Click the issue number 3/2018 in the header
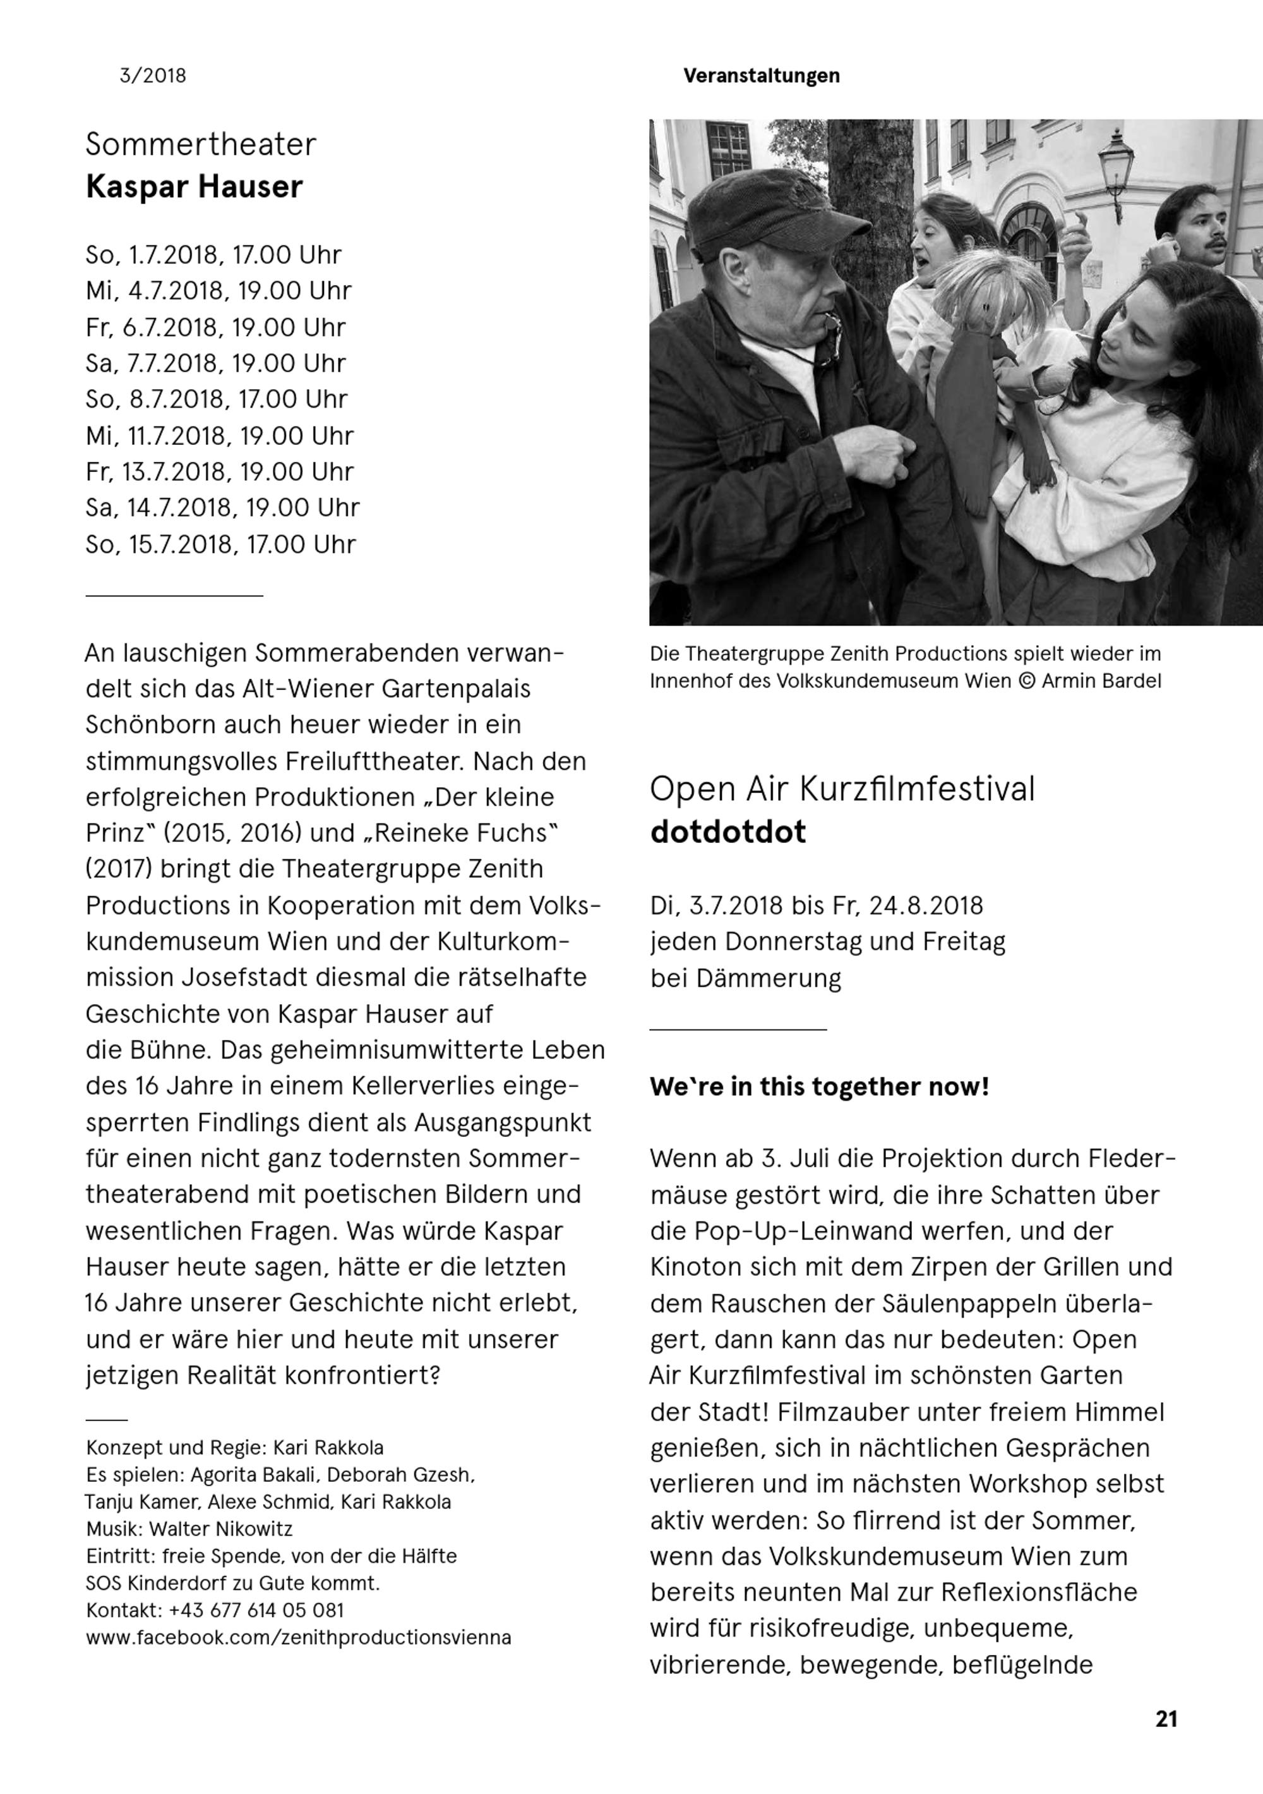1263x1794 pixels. tap(152, 76)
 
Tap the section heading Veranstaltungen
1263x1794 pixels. tap(761, 76)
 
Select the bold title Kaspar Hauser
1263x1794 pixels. tap(194, 188)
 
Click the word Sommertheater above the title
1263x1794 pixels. tap(201, 145)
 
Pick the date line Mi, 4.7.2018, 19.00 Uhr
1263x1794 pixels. tap(218, 291)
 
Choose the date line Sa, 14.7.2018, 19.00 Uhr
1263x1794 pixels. tap(223, 508)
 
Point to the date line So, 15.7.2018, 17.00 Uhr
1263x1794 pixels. tap(220, 545)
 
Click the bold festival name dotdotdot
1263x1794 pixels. tap(727, 832)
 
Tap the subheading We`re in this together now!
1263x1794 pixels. tap(818, 1087)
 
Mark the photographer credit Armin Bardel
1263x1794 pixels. tap(1101, 681)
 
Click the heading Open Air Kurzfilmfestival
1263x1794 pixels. tap(841, 789)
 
